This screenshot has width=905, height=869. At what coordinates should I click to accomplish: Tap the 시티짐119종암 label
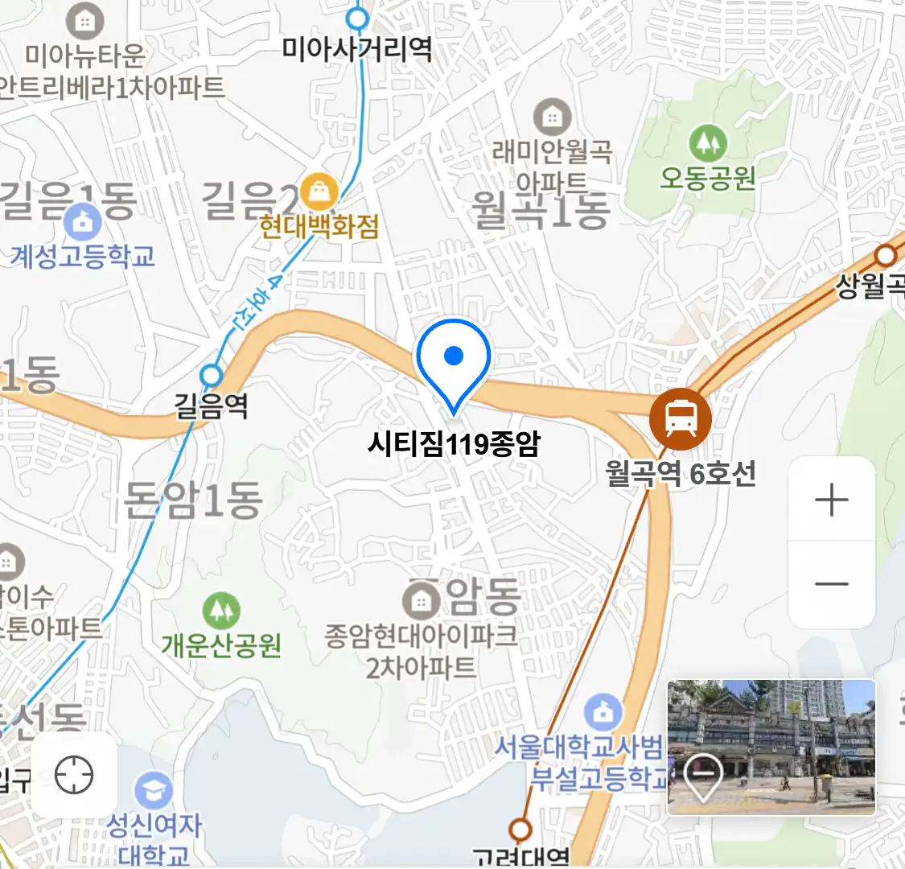click(x=454, y=443)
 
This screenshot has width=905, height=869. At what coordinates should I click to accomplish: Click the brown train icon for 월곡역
click(x=680, y=418)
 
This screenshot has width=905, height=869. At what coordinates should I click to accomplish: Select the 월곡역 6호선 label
click(x=681, y=473)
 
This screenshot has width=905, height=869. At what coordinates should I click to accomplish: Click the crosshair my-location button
click(x=74, y=776)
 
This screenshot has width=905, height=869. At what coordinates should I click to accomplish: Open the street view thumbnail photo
click(x=771, y=747)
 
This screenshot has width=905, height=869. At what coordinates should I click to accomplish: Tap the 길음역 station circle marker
click(x=212, y=375)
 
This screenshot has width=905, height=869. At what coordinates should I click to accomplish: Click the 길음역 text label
click(x=212, y=405)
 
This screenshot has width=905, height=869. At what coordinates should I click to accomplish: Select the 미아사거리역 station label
click(x=356, y=50)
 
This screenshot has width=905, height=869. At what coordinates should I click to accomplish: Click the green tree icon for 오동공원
click(x=708, y=144)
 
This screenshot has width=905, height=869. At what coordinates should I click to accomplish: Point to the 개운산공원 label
click(x=221, y=645)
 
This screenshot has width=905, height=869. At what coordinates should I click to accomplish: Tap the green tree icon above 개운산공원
click(x=221, y=611)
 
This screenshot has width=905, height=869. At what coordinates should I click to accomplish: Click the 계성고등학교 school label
click(x=82, y=257)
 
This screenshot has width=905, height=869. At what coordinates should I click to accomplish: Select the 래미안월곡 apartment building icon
click(x=552, y=117)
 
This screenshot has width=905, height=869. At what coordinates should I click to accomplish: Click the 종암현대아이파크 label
click(x=421, y=636)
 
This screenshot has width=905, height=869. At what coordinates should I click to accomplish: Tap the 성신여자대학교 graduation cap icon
click(x=154, y=791)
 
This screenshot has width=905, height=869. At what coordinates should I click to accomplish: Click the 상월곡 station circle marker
click(x=886, y=256)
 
